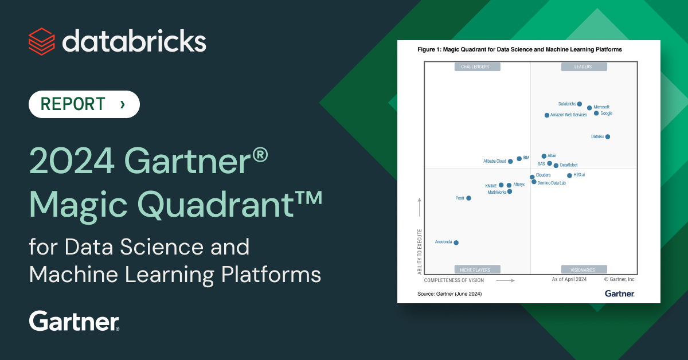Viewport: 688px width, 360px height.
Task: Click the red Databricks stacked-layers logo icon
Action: [42, 41]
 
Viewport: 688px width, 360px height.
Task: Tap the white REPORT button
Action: [84, 104]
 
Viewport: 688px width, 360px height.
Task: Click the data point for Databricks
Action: [579, 104]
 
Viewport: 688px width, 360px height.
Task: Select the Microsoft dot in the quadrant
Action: [589, 108]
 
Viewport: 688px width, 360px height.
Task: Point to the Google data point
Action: [596, 114]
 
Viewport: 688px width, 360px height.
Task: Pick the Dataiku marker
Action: [608, 136]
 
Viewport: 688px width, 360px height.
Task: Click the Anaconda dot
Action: [456, 242]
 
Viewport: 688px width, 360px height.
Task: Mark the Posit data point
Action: [469, 198]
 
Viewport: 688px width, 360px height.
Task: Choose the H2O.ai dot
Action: [569, 175]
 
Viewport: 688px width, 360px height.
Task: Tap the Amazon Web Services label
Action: [569, 115]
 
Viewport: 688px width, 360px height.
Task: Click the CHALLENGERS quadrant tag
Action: [477, 66]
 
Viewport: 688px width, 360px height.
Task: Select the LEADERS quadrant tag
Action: [584, 66]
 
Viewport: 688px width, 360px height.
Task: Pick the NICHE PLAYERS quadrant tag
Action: [477, 269]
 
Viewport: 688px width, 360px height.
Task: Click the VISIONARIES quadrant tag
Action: [584, 269]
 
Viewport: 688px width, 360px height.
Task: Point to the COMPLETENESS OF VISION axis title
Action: [454, 280]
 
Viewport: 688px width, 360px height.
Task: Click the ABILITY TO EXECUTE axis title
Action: [420, 252]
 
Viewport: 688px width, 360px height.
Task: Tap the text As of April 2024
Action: [569, 279]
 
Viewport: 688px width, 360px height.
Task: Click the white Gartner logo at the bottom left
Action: [74, 321]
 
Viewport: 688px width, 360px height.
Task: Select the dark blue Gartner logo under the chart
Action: [620, 294]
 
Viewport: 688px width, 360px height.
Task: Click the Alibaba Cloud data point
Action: [510, 162]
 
